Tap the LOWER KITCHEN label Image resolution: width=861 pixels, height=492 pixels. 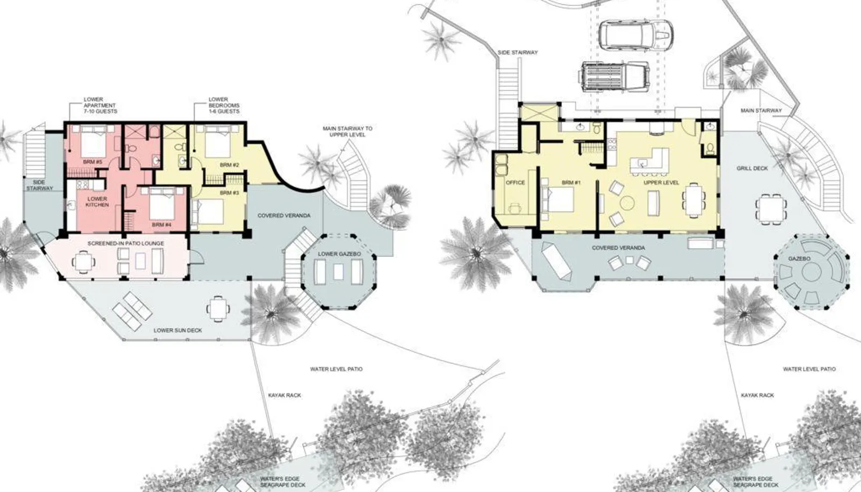(97, 202)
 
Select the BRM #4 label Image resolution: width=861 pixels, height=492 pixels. (161, 225)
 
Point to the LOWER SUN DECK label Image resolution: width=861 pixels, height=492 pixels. (178, 330)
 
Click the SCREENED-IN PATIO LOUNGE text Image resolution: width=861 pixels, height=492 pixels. (126, 243)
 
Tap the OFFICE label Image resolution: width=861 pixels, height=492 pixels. (516, 182)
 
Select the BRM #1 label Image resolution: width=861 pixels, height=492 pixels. (571, 182)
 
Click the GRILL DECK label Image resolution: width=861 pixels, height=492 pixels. (752, 168)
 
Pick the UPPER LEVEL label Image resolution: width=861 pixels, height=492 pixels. (661, 182)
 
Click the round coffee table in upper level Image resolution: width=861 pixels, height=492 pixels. (627, 203)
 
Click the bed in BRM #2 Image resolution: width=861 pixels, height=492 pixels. (218, 142)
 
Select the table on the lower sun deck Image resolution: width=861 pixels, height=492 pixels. (218, 308)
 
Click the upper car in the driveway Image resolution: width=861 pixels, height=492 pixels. (636, 34)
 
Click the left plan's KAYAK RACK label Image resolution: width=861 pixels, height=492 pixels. (285, 395)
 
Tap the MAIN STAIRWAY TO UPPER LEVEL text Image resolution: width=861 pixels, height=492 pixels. (348, 131)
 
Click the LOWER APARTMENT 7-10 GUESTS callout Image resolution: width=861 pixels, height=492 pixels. (100, 106)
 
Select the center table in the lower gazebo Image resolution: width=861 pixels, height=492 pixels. (338, 272)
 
